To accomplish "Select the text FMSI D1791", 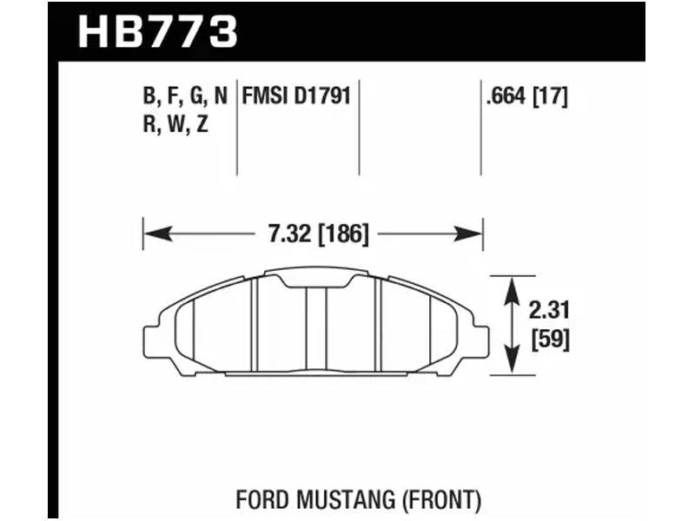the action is [x=296, y=96].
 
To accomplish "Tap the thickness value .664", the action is [x=506, y=96].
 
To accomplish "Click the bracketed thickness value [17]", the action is [x=550, y=96].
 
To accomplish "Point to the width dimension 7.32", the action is [x=289, y=234].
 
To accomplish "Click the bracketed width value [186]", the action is [x=343, y=234].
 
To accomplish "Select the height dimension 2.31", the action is [x=549, y=310].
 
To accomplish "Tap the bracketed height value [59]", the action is [x=550, y=340].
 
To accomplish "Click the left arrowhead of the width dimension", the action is [x=158, y=234].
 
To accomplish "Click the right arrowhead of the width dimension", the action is [x=467, y=234].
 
